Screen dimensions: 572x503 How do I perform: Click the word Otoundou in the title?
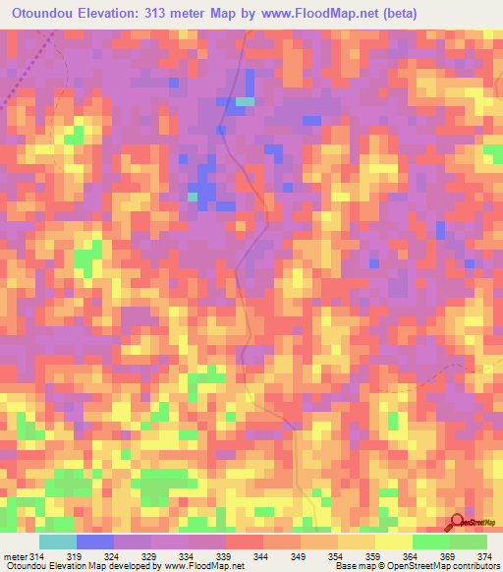[x=44, y=14]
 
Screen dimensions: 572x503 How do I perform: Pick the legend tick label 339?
[x=225, y=557]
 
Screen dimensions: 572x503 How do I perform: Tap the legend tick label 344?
[x=262, y=557]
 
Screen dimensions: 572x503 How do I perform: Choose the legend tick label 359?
[x=374, y=557]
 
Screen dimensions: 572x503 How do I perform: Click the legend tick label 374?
[x=487, y=557]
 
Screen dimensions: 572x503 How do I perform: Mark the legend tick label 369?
[x=450, y=557]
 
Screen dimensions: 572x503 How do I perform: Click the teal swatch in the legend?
[x=57, y=542]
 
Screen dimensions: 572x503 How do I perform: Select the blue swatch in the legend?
[x=94, y=542]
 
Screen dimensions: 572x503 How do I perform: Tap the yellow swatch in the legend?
[x=393, y=542]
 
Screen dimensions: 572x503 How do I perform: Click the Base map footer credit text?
[x=355, y=567]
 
